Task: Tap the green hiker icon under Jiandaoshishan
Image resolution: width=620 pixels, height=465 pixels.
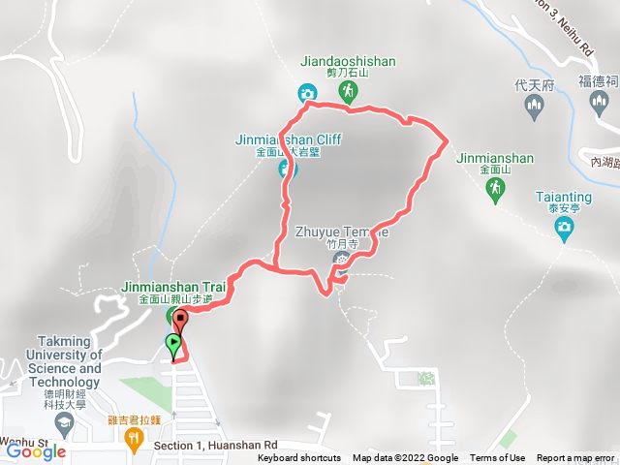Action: [x=348, y=92]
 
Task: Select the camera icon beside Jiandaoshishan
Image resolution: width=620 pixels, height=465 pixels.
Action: [x=306, y=93]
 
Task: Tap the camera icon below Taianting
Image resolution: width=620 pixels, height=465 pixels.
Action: [x=564, y=228]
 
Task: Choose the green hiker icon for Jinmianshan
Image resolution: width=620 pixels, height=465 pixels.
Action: [x=495, y=189]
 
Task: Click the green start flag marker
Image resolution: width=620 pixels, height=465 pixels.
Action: [x=173, y=343]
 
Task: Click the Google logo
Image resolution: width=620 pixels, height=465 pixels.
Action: [x=36, y=451]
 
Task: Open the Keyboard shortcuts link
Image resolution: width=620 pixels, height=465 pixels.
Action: [x=298, y=458]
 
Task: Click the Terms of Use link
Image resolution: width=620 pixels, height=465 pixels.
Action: [x=498, y=458]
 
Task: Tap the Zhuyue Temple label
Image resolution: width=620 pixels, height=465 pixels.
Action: [x=344, y=232]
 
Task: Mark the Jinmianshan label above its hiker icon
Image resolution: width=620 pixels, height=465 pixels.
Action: [x=491, y=156]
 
